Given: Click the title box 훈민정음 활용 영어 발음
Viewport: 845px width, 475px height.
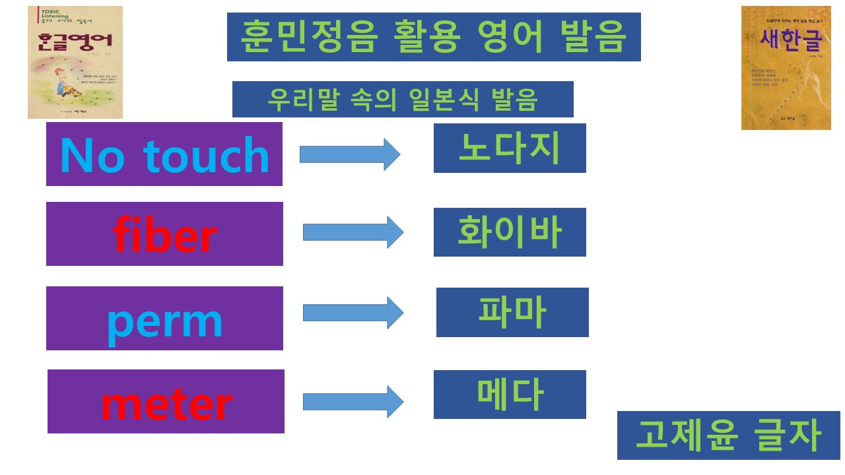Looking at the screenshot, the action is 434,37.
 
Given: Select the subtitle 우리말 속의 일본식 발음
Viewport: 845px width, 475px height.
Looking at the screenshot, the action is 403,99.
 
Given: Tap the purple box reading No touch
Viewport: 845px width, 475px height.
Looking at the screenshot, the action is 164,154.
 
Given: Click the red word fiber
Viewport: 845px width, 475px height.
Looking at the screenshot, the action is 165,236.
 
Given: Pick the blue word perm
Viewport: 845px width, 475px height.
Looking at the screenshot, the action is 165,321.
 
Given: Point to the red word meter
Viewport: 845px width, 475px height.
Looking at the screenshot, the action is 166,402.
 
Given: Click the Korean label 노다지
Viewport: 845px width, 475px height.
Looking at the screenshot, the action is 510,148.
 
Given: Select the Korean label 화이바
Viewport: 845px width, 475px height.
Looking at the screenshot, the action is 510,232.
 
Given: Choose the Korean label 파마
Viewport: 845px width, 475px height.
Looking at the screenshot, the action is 512,313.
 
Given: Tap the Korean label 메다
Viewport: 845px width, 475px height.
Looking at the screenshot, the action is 510,395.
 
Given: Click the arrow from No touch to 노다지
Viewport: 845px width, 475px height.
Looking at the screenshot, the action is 350,154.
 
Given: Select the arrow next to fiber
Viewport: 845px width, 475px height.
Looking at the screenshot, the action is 353,232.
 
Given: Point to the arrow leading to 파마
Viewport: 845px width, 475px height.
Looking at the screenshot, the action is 353,313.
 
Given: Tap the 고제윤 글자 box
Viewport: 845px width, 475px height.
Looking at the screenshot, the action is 728,435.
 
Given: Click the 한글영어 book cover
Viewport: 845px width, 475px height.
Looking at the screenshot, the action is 75,62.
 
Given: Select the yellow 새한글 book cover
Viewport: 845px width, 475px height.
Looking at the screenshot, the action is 776,67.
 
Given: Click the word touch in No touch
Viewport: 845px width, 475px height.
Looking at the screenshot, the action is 206,156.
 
